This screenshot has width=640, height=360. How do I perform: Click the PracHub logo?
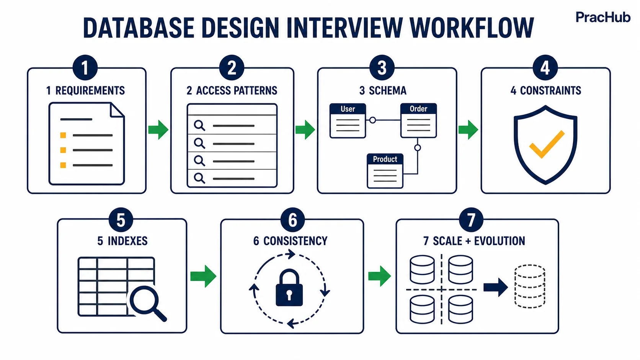coord(603,18)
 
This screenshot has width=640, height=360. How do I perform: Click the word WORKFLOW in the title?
coord(472,28)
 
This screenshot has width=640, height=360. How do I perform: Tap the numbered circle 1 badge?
coord(85,68)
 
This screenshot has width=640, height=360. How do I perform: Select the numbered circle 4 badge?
coord(545,68)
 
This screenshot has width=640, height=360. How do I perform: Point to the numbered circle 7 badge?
coord(471,220)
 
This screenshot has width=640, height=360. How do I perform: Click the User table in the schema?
coord(348,121)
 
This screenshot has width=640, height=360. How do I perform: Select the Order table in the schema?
coord(419,121)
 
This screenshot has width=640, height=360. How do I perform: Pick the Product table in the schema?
coord(385,171)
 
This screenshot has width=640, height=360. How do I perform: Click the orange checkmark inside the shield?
coord(547,145)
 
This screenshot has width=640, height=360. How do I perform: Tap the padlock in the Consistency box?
coord(289,287)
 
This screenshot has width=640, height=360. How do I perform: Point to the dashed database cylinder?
coord(530,286)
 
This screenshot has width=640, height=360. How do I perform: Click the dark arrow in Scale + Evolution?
coord(496,287)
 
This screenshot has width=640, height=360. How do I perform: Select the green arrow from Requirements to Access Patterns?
coord(158,130)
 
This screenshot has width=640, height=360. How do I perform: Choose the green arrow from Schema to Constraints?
coord(468,130)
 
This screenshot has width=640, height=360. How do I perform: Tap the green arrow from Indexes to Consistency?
coord(203,276)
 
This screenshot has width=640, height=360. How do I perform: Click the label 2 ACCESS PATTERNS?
coord(232,91)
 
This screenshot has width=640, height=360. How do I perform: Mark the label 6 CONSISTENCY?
coord(290,241)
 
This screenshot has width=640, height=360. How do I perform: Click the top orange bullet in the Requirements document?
coord(63,135)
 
